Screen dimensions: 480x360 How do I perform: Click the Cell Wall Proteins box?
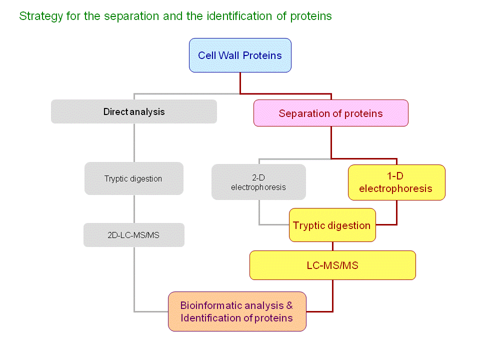coord(240,55)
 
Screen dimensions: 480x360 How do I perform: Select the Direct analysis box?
coord(134,111)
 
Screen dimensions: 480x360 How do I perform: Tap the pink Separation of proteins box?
coord(331,113)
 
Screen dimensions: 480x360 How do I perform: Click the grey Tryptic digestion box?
coord(134,178)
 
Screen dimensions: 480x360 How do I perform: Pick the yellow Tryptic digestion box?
coord(332,225)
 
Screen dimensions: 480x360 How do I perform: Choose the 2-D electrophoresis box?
coord(258,182)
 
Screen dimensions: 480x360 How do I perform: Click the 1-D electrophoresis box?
coord(396,182)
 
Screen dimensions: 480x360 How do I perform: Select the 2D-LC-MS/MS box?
coord(134,235)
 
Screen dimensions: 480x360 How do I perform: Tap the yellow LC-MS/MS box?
coord(333,265)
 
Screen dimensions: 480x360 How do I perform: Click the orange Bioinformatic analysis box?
coord(237,311)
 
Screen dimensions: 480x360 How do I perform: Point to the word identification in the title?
coord(239,16)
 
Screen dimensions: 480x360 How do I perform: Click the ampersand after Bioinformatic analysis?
coord(289,305)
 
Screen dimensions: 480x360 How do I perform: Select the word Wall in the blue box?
coord(228,55)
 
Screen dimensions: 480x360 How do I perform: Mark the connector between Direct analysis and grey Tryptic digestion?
coord(134,143)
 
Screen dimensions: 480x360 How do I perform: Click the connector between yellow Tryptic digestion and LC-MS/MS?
coord(333,246)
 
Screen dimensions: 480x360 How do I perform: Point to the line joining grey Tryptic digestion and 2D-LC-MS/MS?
coord(134,209)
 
